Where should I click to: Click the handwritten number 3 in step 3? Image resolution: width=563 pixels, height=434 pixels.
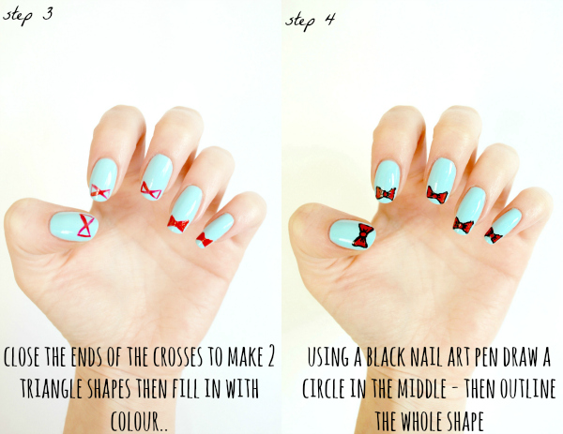coord(48,14)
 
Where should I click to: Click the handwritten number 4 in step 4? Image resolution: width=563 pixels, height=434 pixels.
coord(329,20)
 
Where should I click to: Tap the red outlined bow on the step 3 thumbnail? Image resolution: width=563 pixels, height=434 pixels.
coord(86,226)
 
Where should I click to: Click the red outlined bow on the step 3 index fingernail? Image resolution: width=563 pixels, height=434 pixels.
coord(100,192)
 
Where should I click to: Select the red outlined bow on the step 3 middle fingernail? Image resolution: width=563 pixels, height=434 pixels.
coord(151,190)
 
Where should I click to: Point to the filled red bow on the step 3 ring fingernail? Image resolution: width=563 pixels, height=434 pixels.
coord(178,223)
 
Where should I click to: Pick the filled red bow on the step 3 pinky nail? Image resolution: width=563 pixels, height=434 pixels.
coord(205,240)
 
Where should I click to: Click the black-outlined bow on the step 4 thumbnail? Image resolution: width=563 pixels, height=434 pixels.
coord(363,235)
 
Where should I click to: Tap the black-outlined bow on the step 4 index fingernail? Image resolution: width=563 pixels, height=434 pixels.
coord(386,194)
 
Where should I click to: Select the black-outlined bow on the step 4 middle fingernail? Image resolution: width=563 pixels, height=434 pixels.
coord(437,195)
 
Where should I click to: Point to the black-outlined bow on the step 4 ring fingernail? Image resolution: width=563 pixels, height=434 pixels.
coord(464,225)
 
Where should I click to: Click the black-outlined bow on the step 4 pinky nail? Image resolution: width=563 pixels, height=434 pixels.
coord(493,235)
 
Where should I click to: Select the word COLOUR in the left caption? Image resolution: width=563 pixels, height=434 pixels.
coord(135,420)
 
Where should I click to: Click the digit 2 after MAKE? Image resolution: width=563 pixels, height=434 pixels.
coord(270,356)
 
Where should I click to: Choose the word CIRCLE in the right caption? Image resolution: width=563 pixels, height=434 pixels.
coord(324,388)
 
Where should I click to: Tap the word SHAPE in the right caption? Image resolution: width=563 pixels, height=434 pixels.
coord(464,420)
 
